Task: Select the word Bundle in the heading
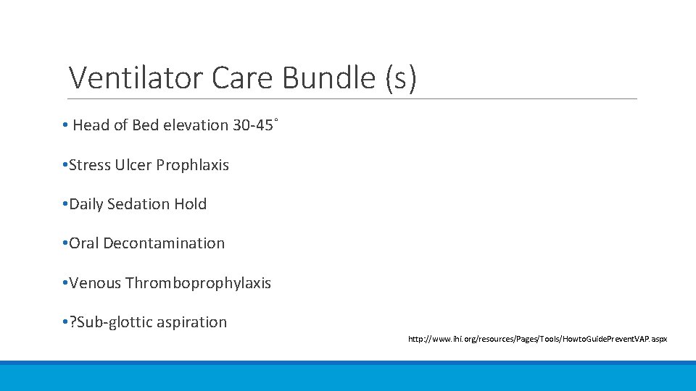click(x=328, y=77)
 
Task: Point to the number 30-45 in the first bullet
click(x=252, y=125)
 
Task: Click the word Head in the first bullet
click(x=91, y=125)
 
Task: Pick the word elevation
click(x=194, y=125)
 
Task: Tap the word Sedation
click(x=138, y=204)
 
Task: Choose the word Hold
click(x=191, y=204)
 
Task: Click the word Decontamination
click(x=164, y=243)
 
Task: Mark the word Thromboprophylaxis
click(x=198, y=283)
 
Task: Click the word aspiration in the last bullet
click(x=191, y=322)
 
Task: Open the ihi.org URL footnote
click(x=537, y=339)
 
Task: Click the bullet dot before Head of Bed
click(x=65, y=126)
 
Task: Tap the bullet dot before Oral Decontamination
click(x=65, y=244)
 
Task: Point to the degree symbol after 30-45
click(x=276, y=119)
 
